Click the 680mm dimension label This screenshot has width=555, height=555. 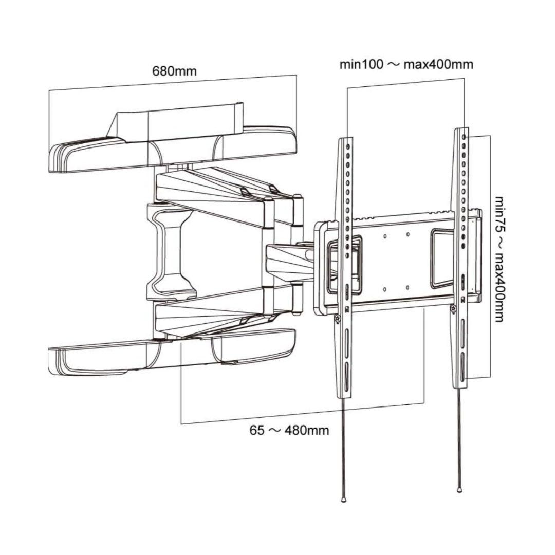click(x=174, y=71)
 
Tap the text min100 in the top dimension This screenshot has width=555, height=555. click(x=361, y=64)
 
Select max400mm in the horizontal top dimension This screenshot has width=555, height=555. click(x=438, y=64)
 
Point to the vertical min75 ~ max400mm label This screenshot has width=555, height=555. click(x=499, y=258)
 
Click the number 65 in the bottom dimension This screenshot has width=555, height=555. click(x=257, y=431)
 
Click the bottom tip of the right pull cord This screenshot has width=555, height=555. click(x=459, y=491)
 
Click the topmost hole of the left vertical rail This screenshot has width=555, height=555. click(x=348, y=146)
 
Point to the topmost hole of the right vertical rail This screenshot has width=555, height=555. click(x=464, y=136)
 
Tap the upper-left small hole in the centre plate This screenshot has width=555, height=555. click(x=385, y=236)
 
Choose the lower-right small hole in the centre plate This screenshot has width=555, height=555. click(x=408, y=288)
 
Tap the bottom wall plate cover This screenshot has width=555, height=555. click(x=172, y=351)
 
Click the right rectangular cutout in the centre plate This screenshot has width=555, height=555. click(x=442, y=257)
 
